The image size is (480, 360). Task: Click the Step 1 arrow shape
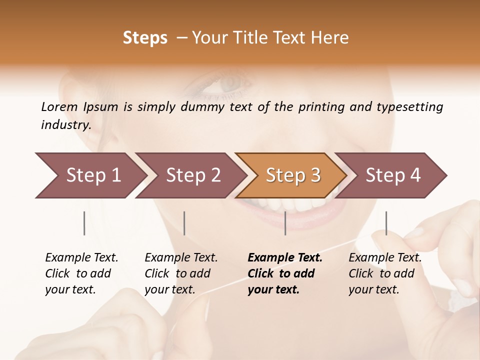(x=93, y=175)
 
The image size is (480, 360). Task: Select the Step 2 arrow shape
(x=193, y=175)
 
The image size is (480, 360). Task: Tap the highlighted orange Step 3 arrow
(x=293, y=175)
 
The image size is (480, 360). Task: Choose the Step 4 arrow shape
(x=393, y=175)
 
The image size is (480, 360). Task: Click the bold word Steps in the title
(x=145, y=38)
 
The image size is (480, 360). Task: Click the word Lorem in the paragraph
(x=59, y=106)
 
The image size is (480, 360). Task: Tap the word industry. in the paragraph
(x=66, y=124)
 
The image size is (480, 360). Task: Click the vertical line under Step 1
(x=84, y=223)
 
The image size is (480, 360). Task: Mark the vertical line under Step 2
(x=184, y=223)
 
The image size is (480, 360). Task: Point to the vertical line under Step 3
(x=285, y=223)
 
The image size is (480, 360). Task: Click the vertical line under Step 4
(x=386, y=223)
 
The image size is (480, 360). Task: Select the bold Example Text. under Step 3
(x=285, y=257)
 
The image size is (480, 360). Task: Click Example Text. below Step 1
(x=81, y=257)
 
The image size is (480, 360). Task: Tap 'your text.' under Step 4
(x=373, y=289)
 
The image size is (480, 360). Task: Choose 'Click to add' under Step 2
(x=177, y=273)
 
